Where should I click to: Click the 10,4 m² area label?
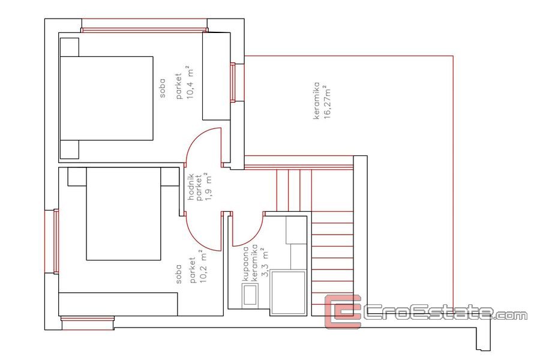coord(190,82)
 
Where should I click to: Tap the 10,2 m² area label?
coord(203,266)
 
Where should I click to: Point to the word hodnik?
coord(191,187)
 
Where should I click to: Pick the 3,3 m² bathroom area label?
coord(265,263)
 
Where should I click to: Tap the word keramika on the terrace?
coord(316,101)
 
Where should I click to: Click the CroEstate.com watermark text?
coord(446,313)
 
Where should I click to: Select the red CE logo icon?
coord(343,311)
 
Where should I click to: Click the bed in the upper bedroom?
coord(106,98)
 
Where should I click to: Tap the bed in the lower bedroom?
coord(123,214)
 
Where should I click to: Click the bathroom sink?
coord(250,294)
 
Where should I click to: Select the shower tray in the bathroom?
coord(288,293)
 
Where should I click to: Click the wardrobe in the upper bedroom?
coord(216,76)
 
